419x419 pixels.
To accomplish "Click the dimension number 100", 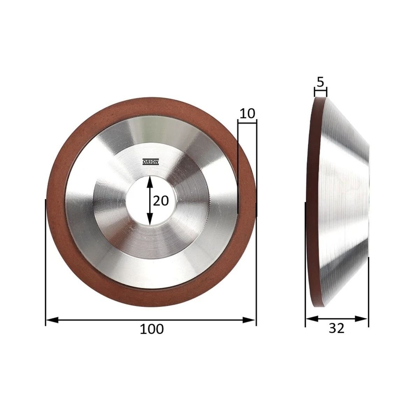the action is (151, 335).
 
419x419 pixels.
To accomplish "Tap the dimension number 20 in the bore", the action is (161, 201).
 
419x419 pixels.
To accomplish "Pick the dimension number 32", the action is (336, 335).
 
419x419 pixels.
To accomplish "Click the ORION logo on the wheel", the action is (150, 162).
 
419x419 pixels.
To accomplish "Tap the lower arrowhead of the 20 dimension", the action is (149, 219).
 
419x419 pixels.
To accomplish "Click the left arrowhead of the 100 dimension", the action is (52, 320).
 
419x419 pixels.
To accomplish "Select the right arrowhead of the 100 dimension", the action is (249, 320).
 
